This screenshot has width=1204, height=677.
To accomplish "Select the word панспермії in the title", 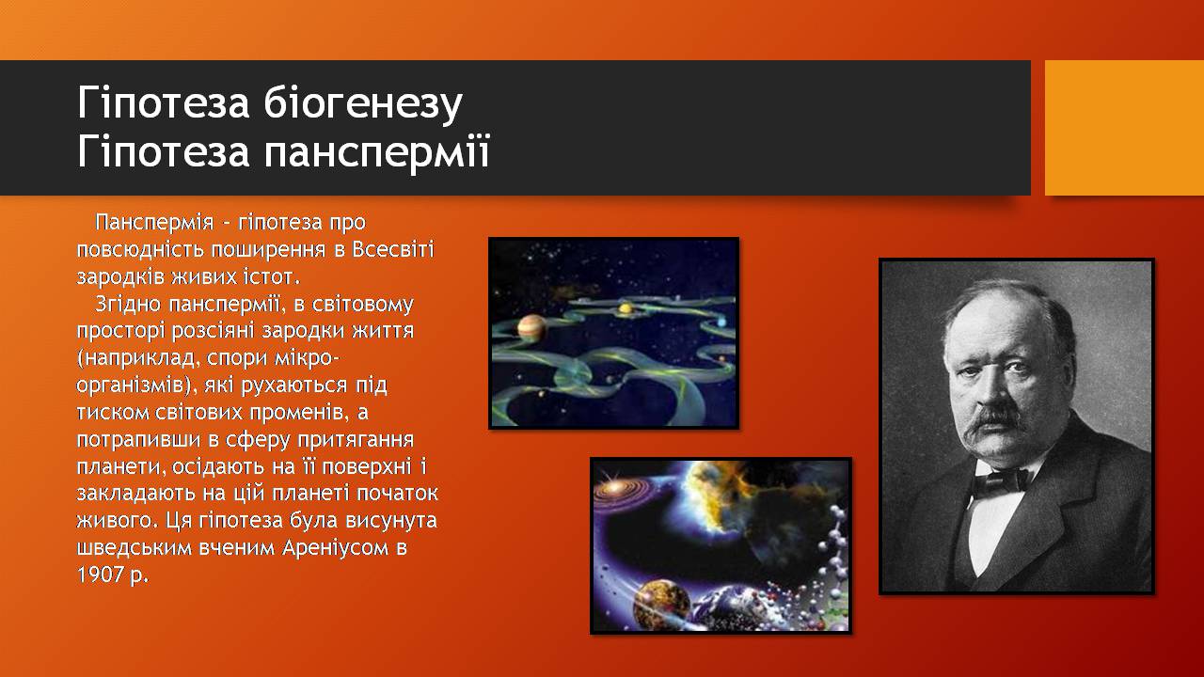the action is tap(376, 151).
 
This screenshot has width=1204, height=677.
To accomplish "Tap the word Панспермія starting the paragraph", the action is tap(154, 223).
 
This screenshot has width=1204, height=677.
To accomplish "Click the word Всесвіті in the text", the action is tap(393, 249).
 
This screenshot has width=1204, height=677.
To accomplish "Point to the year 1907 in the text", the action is tap(100, 575).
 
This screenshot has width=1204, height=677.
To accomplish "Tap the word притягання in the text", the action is tap(356, 440).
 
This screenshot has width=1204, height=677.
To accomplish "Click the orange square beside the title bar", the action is tap(1124, 128).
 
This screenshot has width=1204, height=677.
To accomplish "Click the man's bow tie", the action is tap(1001, 480).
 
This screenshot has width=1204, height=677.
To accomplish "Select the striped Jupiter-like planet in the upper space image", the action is tap(532, 327).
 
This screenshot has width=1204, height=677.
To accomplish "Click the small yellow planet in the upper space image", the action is tap(625, 307).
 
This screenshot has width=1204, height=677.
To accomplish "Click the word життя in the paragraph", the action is tap(382, 330).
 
